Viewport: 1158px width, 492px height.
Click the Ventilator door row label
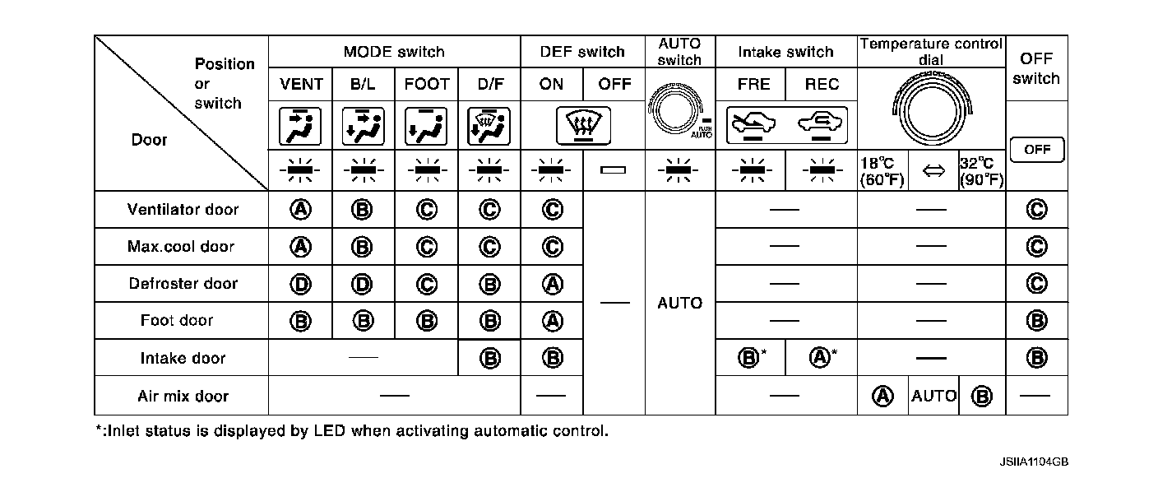pos(183,210)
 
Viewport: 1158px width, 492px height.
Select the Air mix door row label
pos(183,396)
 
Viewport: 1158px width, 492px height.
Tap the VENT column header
pos(301,84)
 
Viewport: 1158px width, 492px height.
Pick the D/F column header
pos(489,84)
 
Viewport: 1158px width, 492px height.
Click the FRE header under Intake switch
pos(753,84)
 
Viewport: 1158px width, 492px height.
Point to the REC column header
pos(822,84)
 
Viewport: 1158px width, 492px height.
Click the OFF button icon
pos(1037,150)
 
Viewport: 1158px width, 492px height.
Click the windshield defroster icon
pos(582,125)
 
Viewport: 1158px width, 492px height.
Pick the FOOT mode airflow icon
pos(426,125)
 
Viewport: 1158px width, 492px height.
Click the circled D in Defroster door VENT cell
pos(301,284)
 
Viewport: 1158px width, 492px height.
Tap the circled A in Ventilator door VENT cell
pos(301,210)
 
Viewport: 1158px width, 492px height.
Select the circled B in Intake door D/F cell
pos(489,358)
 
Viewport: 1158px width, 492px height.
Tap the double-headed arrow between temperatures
pos(931,170)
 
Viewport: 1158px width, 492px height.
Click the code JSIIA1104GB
pos(1033,463)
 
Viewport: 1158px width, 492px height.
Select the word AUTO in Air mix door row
pos(933,396)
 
